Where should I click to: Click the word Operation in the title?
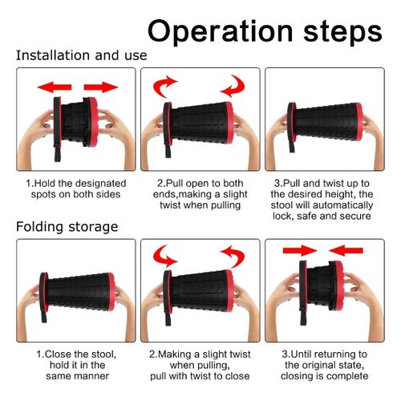tap(221, 31)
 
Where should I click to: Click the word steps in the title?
tap(342, 32)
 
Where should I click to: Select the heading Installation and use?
tap(82, 55)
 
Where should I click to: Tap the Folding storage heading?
tap(67, 227)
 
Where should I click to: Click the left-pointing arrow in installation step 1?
tap(55, 87)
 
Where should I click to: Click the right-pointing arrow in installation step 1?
tap(101, 87)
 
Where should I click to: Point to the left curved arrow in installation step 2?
tap(163, 86)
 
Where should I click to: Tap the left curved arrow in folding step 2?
tap(163, 256)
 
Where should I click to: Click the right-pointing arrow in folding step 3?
tap(300, 250)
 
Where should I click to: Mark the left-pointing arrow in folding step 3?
tap(346, 250)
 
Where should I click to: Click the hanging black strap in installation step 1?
tap(57, 153)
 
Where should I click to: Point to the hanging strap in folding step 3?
tap(303, 317)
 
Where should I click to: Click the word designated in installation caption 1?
tap(101, 184)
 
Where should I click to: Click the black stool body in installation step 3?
tap(326, 122)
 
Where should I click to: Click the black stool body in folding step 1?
tap(78, 293)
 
